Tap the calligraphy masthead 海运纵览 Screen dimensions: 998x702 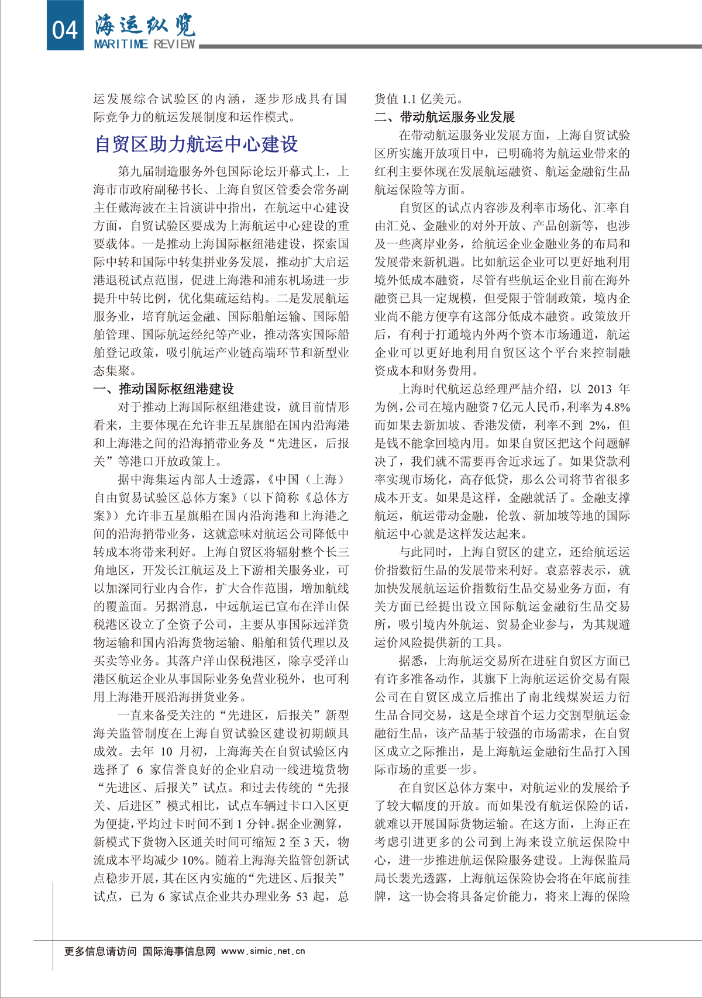[x=144, y=25]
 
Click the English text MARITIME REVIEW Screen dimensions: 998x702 [x=144, y=44]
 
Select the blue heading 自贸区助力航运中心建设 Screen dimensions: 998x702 [x=196, y=144]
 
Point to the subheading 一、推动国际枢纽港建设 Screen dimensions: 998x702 [x=164, y=389]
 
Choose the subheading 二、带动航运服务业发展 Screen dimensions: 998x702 [x=445, y=117]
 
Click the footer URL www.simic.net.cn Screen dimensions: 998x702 [x=263, y=951]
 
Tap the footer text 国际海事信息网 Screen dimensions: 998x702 [x=179, y=951]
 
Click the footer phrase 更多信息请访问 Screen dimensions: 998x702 [x=101, y=951]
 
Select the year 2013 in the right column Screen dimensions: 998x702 [x=599, y=389]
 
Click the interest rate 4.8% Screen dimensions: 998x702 [x=617, y=408]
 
